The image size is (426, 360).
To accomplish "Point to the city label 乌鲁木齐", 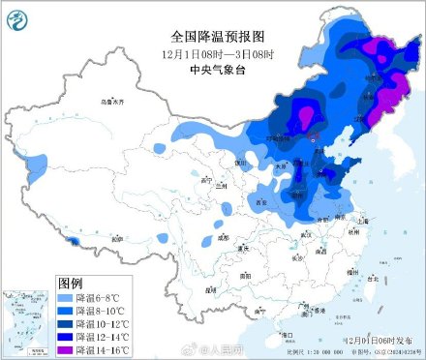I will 113,102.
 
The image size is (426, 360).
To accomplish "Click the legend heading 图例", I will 71,283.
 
